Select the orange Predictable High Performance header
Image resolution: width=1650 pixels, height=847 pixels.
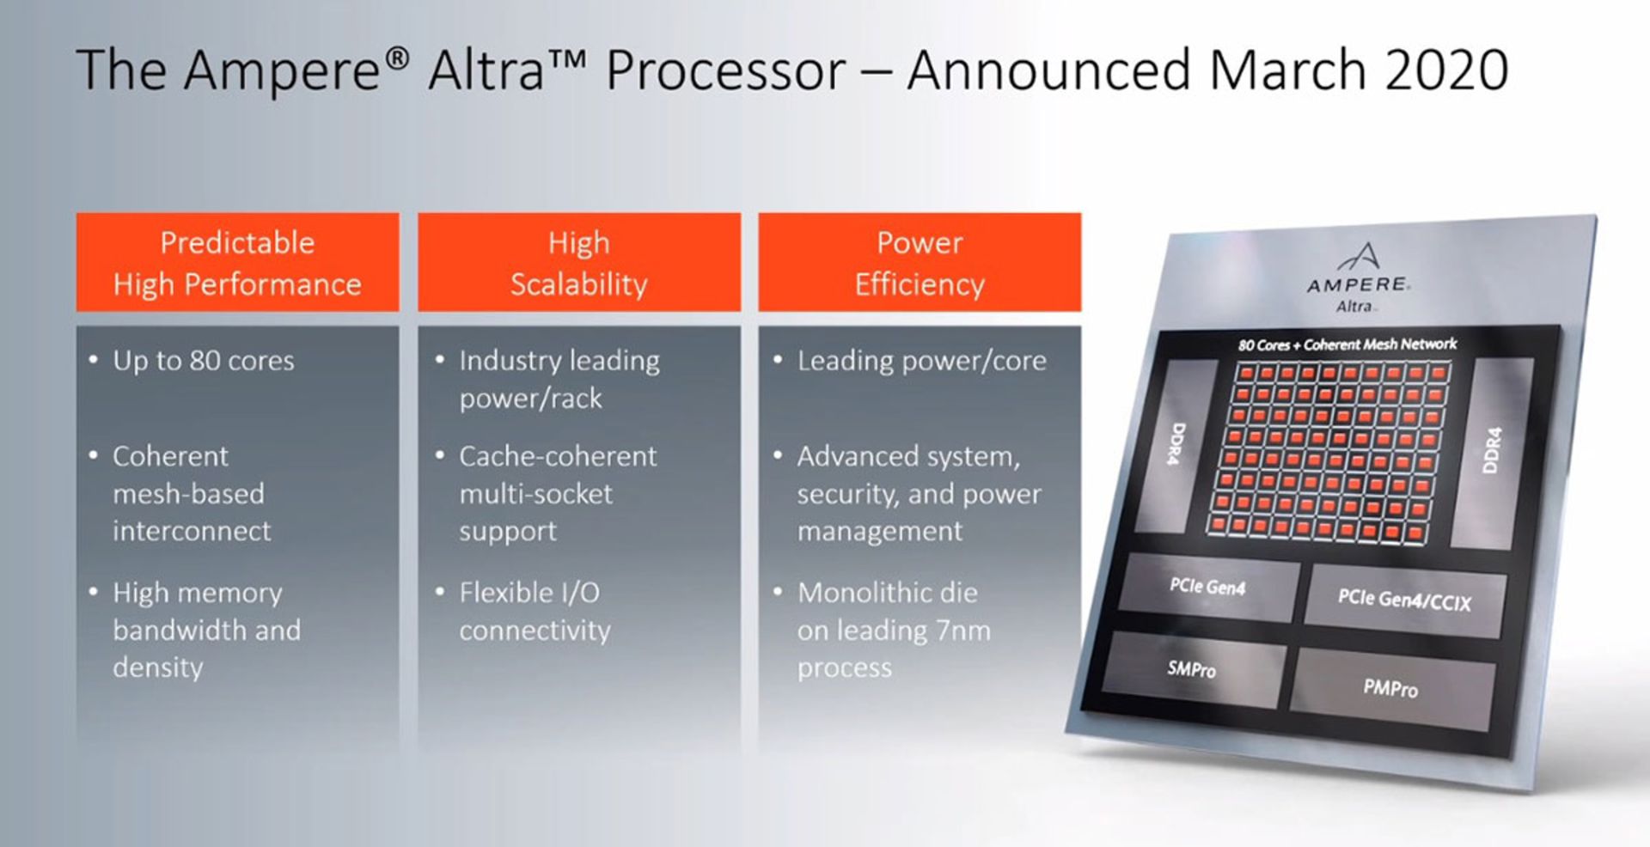(237, 262)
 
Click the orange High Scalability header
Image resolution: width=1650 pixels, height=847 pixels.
(579, 262)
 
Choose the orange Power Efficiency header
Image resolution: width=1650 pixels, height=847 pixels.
(920, 262)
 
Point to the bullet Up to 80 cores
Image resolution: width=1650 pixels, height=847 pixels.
(204, 361)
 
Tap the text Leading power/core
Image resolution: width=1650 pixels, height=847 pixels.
(922, 361)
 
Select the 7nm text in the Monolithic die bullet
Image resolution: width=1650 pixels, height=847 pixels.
(963, 631)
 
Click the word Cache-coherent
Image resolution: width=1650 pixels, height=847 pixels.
(558, 456)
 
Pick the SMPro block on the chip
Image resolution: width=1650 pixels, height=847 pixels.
(1193, 668)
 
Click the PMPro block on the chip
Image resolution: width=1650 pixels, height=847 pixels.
(1390, 688)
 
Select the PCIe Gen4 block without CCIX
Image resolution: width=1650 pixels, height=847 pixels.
(1207, 588)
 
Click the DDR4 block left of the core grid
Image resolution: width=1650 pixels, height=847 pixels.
(1176, 444)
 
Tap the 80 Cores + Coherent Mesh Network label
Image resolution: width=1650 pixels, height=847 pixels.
(1347, 344)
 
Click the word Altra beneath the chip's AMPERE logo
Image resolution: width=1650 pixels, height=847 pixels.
(1354, 307)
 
